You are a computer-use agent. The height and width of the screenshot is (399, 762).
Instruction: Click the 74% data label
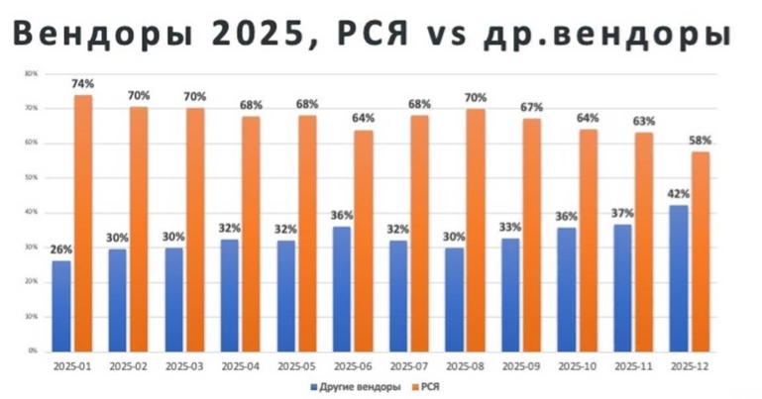click(82, 84)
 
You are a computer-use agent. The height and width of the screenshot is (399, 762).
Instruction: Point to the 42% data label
click(679, 194)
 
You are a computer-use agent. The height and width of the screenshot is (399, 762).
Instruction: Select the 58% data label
click(701, 141)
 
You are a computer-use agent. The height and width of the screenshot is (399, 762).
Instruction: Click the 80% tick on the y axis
click(31, 73)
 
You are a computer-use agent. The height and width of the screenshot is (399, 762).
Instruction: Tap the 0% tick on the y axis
click(33, 350)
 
